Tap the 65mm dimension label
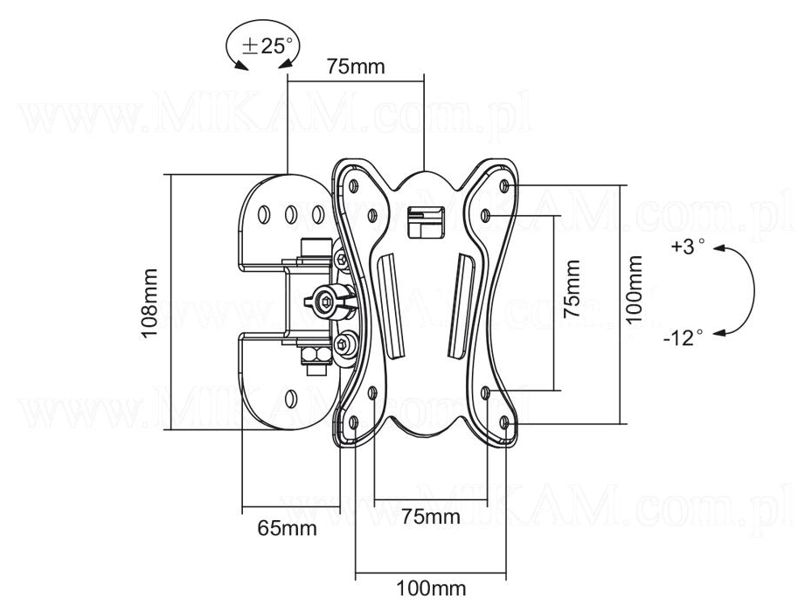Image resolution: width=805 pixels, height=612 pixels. (287, 529)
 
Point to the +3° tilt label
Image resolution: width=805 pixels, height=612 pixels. (687, 247)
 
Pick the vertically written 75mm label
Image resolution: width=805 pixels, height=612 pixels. (571, 288)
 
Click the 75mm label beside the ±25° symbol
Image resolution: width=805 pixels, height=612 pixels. (355, 66)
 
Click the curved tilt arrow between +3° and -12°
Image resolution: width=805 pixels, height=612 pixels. (748, 290)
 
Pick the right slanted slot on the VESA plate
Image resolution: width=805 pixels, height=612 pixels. (461, 305)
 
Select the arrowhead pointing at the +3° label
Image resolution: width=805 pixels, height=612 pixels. (718, 248)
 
